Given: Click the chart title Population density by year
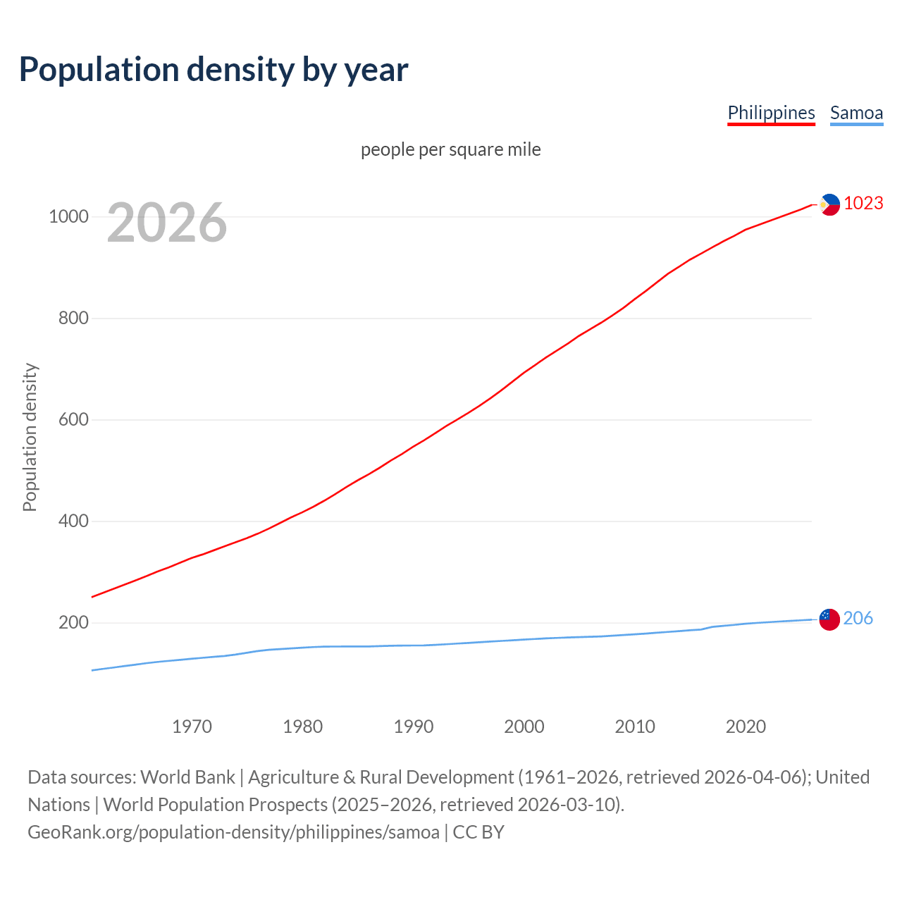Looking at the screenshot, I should point(214,70).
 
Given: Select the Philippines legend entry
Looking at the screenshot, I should point(771,113).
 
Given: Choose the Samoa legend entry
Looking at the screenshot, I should point(856,113).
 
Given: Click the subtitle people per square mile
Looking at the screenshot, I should point(451,149).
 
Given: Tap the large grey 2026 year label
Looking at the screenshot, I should point(167,223).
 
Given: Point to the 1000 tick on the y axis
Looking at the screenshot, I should point(68,216).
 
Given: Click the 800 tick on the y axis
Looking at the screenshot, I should point(73,318).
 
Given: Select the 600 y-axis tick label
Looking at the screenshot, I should point(73,419).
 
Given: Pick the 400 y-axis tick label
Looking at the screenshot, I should point(73,521).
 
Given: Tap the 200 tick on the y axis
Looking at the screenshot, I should point(73,622).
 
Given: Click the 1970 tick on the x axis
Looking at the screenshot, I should point(192,727).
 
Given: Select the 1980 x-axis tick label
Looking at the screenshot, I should point(303,727).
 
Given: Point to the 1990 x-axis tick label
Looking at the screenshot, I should point(414,727).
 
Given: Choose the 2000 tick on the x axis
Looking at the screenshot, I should point(524,727).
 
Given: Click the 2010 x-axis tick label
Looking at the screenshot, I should point(635,727).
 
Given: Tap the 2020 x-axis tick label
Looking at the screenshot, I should point(746,727).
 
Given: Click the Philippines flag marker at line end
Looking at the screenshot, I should point(830,204).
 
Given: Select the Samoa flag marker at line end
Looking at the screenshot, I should point(829,619).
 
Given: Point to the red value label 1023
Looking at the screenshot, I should point(863,203).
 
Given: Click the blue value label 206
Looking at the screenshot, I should point(858,618).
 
